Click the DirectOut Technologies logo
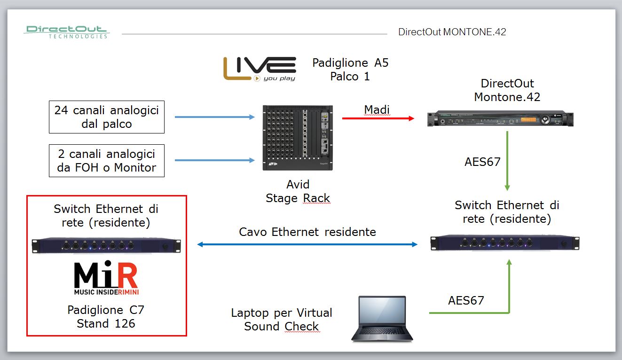coord(66,31)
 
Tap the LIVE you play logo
coord(260,69)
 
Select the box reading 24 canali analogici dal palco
coord(107,117)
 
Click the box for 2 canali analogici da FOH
coord(107,161)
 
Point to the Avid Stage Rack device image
coord(298,138)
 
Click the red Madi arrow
coord(378,118)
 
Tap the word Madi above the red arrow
coord(377,110)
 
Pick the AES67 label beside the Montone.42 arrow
coord(482,162)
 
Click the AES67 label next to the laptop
coord(466,300)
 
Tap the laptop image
coord(382,319)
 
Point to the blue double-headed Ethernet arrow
coord(307,244)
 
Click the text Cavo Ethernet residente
coord(307,232)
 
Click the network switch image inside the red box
coord(106,245)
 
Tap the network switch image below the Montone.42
coord(505,243)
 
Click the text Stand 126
coord(106,323)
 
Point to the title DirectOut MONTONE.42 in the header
coord(452,32)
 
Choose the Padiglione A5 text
coord(350,63)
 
